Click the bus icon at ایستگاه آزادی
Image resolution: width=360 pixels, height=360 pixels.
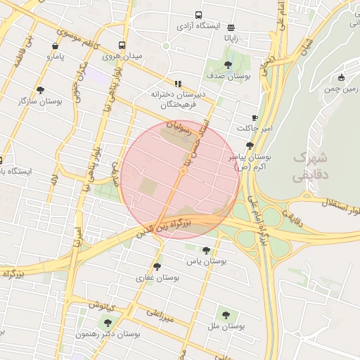click(x=198, y=15)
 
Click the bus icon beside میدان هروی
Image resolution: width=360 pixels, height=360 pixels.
click(x=122, y=45)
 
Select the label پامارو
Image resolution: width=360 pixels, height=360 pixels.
click(x=60, y=55)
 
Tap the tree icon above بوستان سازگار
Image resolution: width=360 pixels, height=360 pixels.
click(x=40, y=90)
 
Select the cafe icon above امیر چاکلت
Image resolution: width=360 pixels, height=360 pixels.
click(x=254, y=117)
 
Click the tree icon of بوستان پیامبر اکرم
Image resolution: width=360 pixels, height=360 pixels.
click(x=250, y=146)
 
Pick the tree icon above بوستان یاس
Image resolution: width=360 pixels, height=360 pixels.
click(x=205, y=250)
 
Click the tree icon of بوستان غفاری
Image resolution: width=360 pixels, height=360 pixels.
click(x=157, y=266)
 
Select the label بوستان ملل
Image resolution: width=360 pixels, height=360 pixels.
click(x=226, y=326)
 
